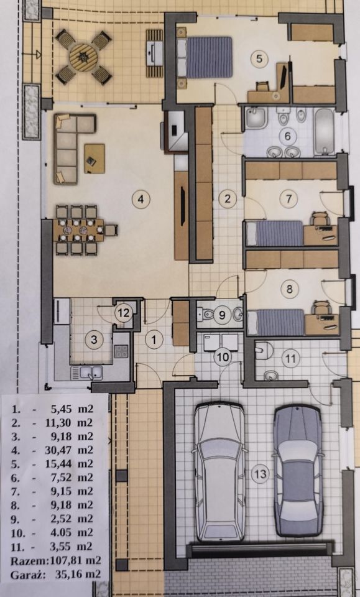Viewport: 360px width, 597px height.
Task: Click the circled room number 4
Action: pos(141,199)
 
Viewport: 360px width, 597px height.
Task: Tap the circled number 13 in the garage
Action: pos(261,474)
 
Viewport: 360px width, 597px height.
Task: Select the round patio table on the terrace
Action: pos(83,57)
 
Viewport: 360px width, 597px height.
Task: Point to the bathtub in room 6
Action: pos(324,131)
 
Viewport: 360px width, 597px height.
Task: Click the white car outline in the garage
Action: pos(219,472)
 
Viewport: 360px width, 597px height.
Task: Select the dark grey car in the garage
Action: pos(298,471)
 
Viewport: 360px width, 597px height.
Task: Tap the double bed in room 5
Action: pos(205,57)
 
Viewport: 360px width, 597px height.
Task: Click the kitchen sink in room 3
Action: pos(87,372)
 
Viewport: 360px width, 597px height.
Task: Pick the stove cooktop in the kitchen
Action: pos(121,351)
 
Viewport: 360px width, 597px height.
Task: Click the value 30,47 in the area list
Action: pos(63,450)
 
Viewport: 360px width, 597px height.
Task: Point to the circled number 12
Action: pos(123,313)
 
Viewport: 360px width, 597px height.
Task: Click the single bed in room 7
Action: pos(275,233)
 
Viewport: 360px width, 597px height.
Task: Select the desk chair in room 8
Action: pos(320,306)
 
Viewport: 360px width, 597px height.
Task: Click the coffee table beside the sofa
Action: pos(95,159)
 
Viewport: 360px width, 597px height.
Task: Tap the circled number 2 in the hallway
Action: pos(228,198)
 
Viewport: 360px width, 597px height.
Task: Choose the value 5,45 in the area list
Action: pos(63,410)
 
